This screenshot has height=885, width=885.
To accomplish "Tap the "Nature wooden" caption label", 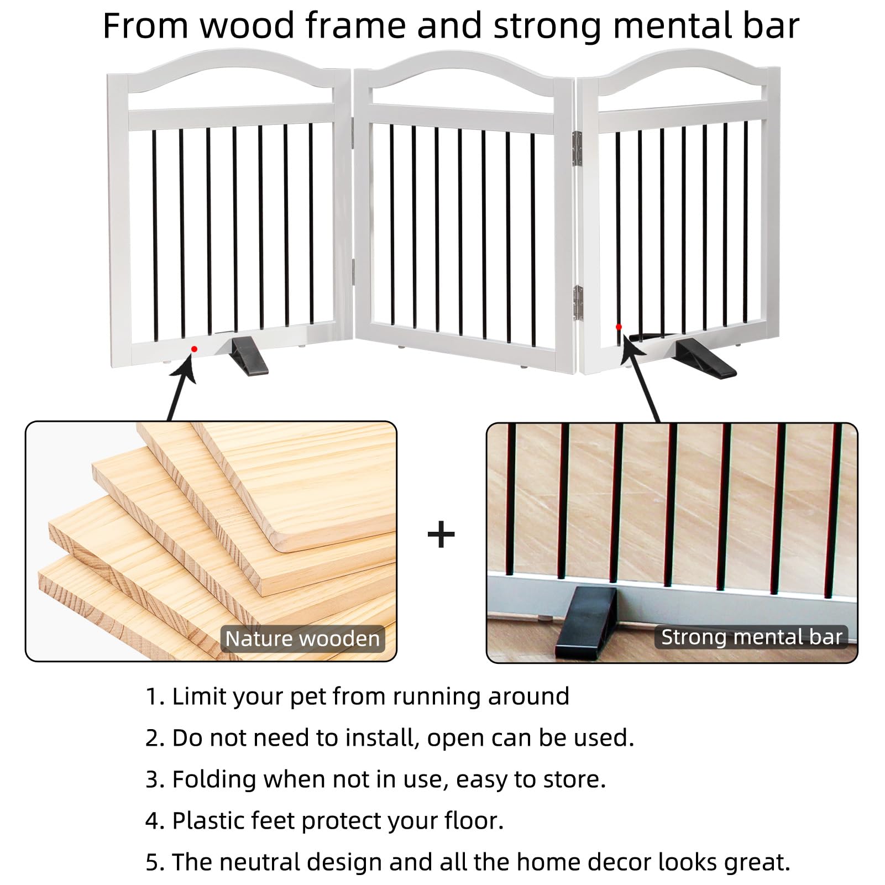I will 302,638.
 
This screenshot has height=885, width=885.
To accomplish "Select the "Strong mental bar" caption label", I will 751,637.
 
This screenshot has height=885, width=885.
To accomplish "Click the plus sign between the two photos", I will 441,535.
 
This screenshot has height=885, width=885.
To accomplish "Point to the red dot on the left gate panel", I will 194,349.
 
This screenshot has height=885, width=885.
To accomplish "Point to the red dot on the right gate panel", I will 619,327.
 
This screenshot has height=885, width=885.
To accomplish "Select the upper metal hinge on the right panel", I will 577,148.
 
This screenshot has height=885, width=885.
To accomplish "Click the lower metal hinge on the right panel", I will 577,303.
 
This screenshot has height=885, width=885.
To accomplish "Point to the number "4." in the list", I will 155,821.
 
